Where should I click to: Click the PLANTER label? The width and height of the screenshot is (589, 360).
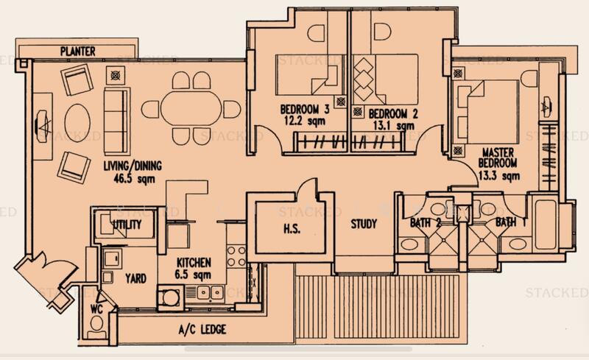click(80, 52)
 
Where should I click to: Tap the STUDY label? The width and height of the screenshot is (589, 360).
click(363, 224)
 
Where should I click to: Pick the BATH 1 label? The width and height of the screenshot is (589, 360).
click(510, 221)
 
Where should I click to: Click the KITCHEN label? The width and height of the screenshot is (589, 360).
click(194, 262)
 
